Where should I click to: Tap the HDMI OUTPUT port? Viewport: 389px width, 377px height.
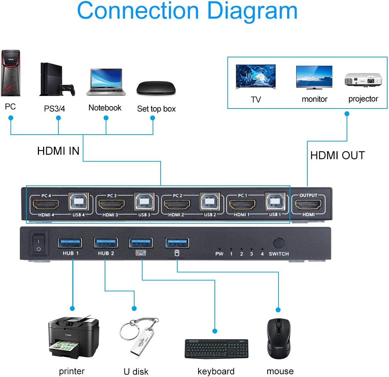pos(308,205)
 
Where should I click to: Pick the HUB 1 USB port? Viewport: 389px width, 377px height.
pos(70,242)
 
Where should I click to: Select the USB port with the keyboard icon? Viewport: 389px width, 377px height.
pos(141,242)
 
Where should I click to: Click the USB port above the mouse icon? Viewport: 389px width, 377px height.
pos(177,242)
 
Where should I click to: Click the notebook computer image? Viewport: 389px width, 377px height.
pos(106,82)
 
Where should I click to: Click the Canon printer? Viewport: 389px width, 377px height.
pos(73,337)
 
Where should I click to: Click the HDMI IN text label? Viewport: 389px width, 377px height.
pos(58,151)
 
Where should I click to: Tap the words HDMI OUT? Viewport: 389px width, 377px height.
pos(337,155)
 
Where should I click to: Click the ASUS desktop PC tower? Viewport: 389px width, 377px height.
pos(11,73)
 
